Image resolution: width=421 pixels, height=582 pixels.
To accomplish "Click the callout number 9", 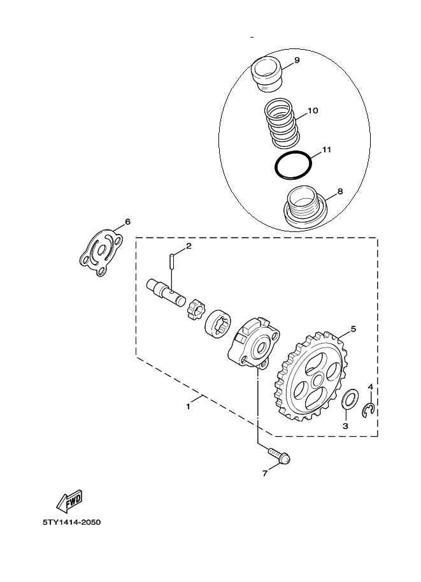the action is [296, 60].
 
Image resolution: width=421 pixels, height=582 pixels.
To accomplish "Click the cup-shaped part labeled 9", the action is [267, 74].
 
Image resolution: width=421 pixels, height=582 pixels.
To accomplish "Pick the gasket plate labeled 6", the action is [101, 252].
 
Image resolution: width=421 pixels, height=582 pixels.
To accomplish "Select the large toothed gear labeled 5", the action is [311, 376].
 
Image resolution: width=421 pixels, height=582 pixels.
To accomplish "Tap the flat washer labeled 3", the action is [350, 399].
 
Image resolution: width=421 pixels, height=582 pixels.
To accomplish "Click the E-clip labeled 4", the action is [369, 409].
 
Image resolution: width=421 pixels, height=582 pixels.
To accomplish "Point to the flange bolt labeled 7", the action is [278, 456].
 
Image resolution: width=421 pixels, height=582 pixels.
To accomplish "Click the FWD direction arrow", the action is [69, 500].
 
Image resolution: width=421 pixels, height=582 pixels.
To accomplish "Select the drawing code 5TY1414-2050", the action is [71, 522].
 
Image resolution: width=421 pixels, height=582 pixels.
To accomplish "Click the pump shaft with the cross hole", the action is [166, 292].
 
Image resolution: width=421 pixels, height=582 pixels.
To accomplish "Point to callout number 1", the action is [188, 407].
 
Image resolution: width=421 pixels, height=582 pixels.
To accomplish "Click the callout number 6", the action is [127, 222].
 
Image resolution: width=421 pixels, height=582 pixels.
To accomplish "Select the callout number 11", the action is [326, 150].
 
